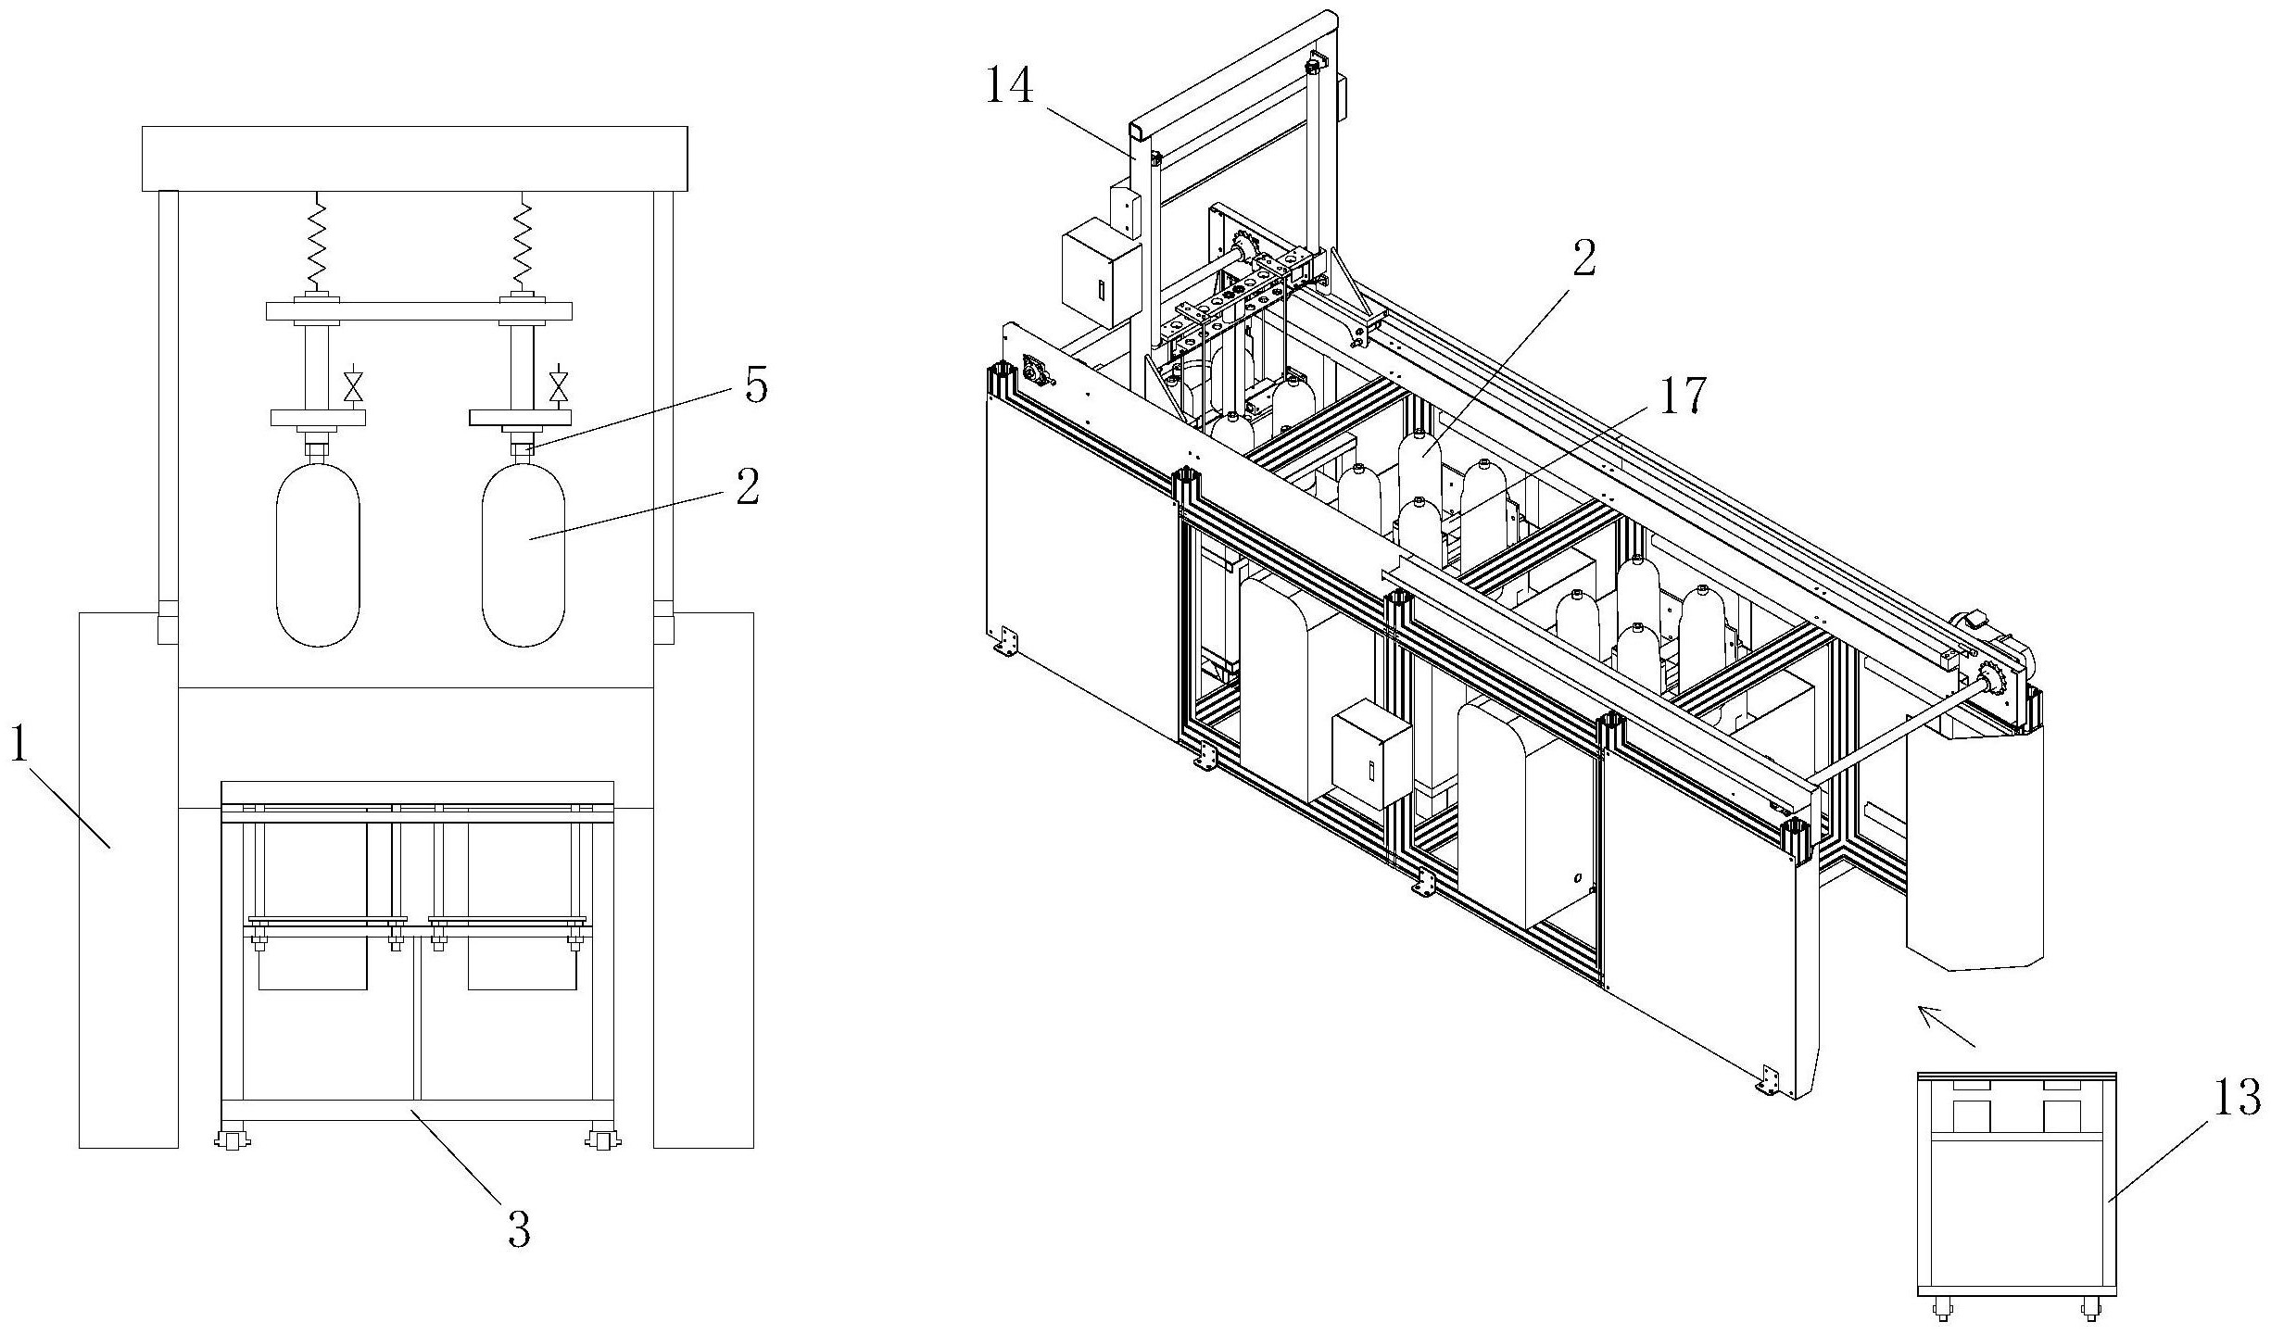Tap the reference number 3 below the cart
click(x=519, y=1229)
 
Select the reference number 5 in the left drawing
click(x=756, y=384)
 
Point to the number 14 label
click(x=1008, y=88)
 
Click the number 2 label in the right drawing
click(x=1583, y=258)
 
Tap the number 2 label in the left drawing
click(x=748, y=486)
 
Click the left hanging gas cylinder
click(x=318, y=555)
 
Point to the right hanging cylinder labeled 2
click(x=524, y=555)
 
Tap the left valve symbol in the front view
click(x=353, y=386)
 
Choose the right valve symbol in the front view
click(x=558, y=386)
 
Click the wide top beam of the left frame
click(x=414, y=158)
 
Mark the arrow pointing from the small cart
click(x=1945, y=1026)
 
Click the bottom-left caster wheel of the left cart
click(x=232, y=1139)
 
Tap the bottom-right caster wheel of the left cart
click(x=603, y=1139)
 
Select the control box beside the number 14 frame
click(x=1101, y=275)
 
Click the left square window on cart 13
click(x=1972, y=1116)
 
